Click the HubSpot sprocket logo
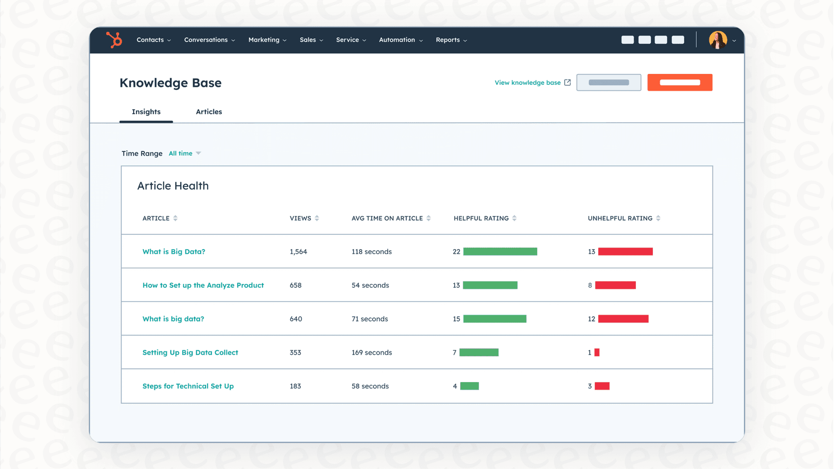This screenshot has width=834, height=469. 114,40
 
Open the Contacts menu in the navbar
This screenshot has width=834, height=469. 153,40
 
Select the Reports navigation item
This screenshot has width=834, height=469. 451,40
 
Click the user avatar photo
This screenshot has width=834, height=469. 717,40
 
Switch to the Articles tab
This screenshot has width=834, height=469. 208,112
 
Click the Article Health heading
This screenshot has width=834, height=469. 173,186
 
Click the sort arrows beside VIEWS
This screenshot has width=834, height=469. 317,218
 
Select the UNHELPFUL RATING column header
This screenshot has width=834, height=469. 620,218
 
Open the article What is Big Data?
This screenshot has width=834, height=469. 174,252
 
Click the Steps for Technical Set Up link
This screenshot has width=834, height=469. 188,386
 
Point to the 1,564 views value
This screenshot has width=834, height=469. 298,252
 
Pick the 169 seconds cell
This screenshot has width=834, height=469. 371,352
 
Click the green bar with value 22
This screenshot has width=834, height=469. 500,252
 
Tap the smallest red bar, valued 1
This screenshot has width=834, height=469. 597,352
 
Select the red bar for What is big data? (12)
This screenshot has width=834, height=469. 623,319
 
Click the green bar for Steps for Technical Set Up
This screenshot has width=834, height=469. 469,386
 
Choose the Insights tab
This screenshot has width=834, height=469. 146,112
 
